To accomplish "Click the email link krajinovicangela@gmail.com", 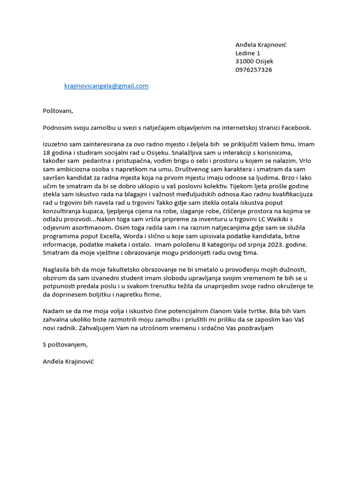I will point(106,86).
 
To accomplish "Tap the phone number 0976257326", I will point(253,70).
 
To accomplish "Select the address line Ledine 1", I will point(248,53).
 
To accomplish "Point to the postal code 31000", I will point(245,61).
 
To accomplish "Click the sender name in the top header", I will point(261,45).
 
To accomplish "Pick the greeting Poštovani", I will point(58,111).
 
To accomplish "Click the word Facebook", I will point(296,127).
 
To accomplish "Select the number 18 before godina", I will point(47,153).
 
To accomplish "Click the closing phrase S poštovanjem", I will point(65,345).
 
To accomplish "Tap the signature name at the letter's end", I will point(68,361).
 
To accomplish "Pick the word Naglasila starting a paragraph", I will point(57,270).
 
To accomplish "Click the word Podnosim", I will point(58,127).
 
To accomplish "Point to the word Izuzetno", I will point(56,144).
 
